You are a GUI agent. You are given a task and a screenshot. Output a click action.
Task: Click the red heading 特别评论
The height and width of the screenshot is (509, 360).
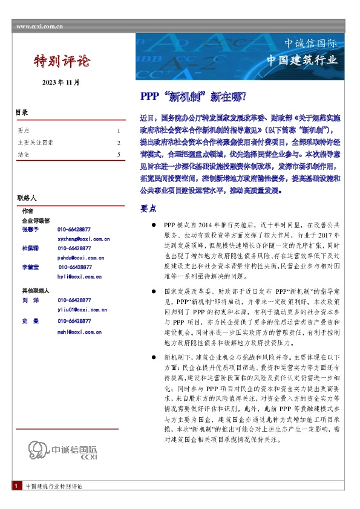tap(62, 61)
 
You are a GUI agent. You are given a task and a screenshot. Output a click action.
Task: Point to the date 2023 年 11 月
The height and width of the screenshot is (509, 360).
tap(61, 82)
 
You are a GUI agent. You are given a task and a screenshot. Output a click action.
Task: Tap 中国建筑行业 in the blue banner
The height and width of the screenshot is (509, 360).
tap(303, 60)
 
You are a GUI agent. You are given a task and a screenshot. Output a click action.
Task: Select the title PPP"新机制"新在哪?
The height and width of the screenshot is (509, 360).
tap(193, 96)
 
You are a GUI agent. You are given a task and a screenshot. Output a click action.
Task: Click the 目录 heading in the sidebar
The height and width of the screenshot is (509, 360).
tap(22, 113)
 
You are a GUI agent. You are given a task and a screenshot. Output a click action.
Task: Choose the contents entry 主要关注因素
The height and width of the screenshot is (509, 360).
tap(36, 143)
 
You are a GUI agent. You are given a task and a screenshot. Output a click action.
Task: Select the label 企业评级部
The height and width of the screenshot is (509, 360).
tap(36, 221)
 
